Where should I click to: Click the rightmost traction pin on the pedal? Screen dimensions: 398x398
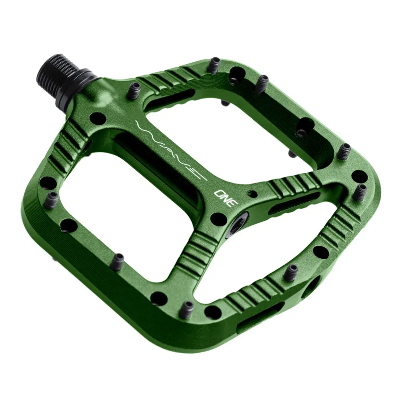pyautogui.click(x=362, y=192)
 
